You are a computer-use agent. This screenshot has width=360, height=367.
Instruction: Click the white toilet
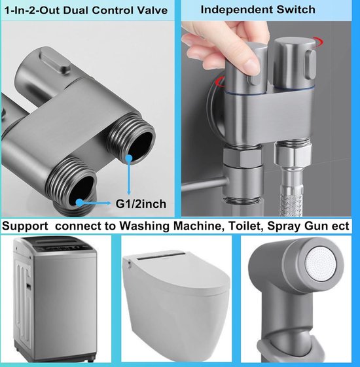(x=177, y=301)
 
